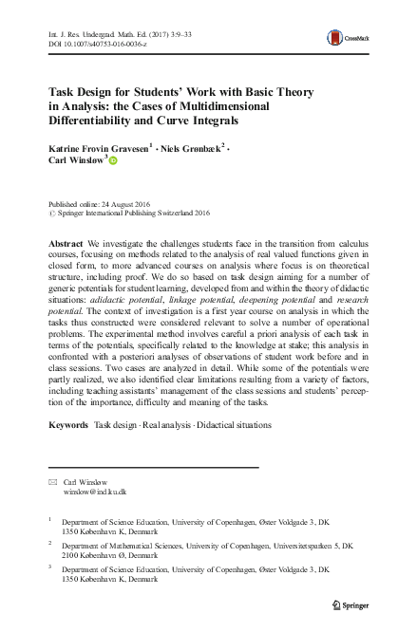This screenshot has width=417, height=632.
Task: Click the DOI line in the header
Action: [92, 44]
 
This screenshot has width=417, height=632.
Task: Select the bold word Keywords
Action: [69, 424]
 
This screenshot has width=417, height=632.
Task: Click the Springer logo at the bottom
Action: [352, 604]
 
